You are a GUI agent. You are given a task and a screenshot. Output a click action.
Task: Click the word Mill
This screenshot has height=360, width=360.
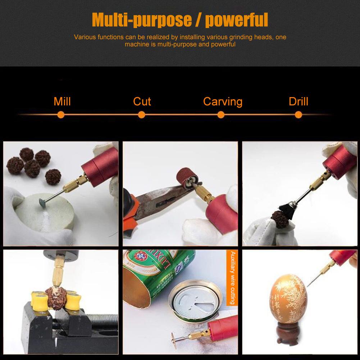tap(62, 101)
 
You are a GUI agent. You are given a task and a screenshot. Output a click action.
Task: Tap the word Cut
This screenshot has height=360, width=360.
tap(142, 101)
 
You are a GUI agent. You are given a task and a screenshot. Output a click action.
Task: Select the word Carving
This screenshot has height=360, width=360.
tap(223, 101)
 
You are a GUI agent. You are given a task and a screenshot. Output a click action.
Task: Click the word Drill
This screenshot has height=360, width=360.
tap(299, 101)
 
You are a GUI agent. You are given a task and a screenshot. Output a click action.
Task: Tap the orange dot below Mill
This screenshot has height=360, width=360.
tap(61, 115)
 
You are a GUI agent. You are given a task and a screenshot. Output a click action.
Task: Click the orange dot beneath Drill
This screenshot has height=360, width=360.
tap(298, 115)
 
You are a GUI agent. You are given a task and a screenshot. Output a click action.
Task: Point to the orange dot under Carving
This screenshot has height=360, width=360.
tap(221, 115)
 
